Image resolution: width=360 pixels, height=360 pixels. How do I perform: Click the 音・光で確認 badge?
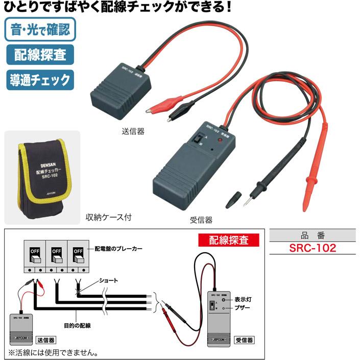point(39,29)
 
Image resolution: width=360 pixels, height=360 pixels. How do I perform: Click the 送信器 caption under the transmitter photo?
point(134,131)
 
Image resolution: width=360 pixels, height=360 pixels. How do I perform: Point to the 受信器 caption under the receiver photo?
point(201,221)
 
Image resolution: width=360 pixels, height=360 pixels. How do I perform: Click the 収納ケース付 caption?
point(109,217)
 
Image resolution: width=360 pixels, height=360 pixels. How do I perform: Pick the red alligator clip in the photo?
point(157,106)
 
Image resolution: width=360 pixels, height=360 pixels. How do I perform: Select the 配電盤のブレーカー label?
point(118,249)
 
